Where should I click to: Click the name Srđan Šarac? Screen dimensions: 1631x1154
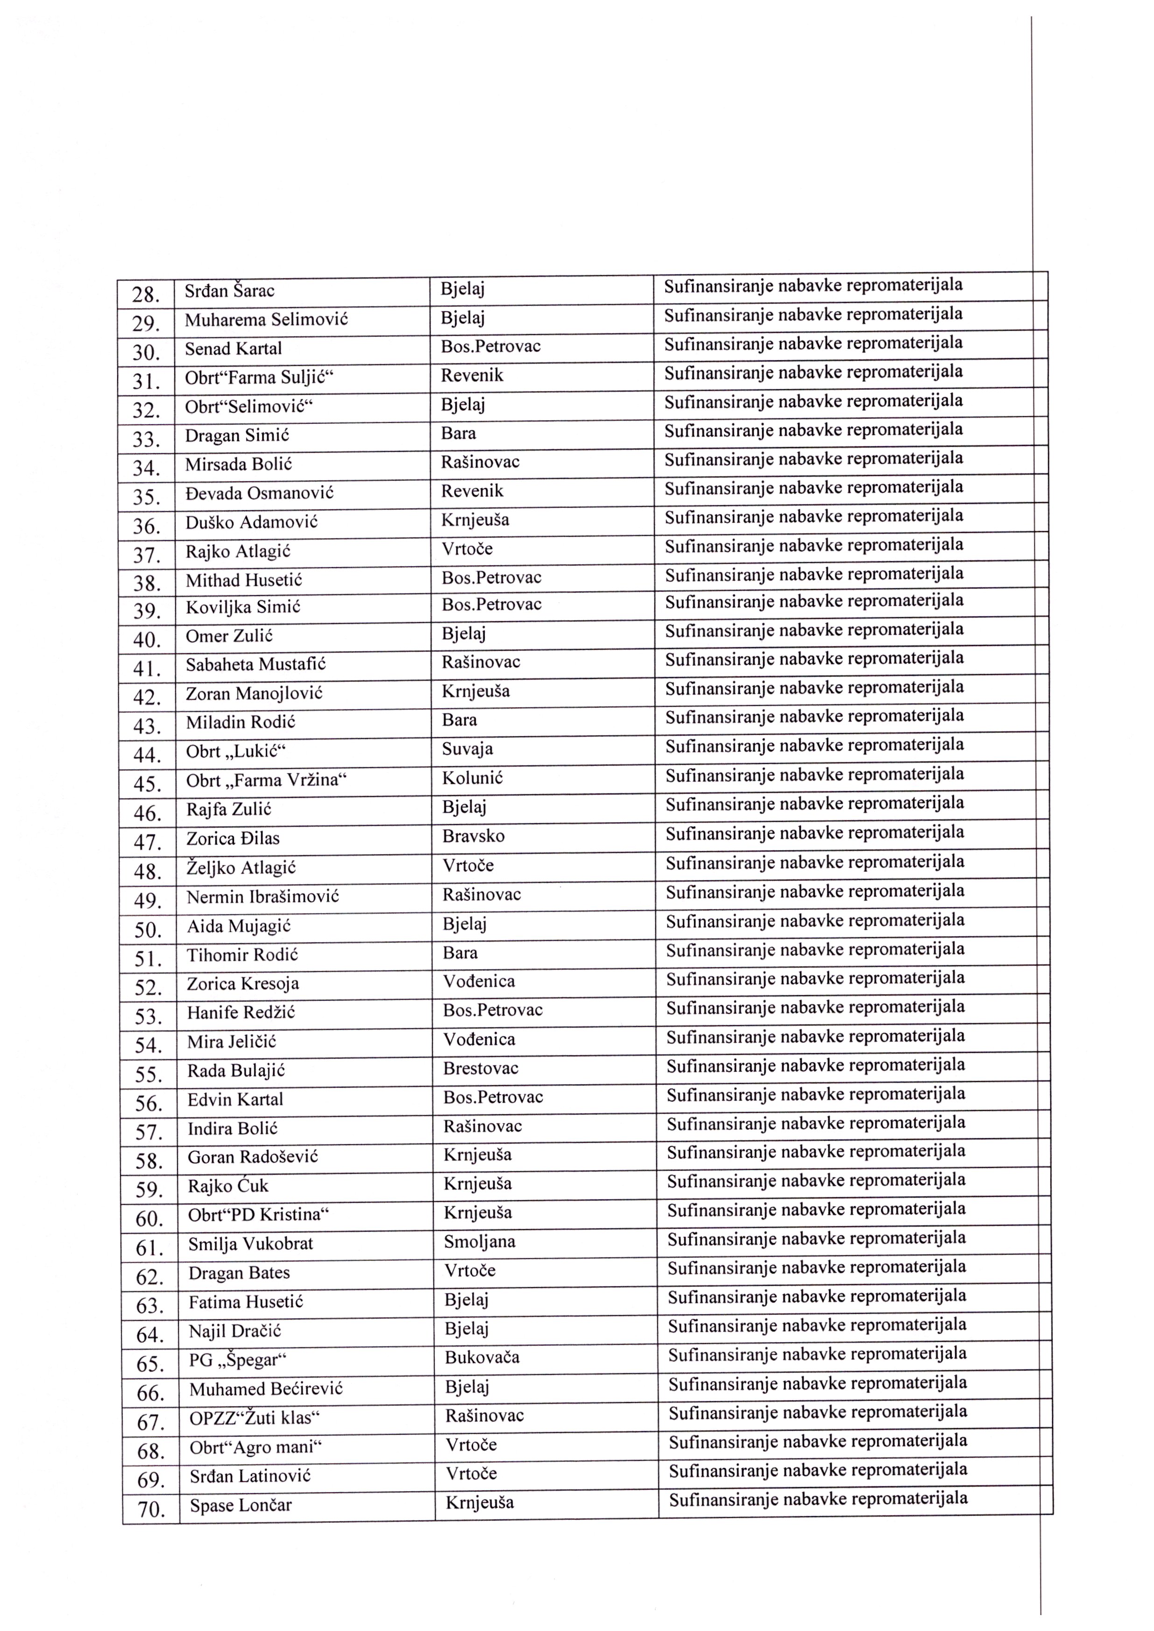pos(229,291)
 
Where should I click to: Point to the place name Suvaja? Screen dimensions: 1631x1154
pos(467,748)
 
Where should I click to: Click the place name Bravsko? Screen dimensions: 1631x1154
pos(473,836)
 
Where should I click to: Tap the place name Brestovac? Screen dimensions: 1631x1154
pos(481,1068)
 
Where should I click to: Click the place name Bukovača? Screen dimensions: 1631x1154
pos(482,1357)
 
